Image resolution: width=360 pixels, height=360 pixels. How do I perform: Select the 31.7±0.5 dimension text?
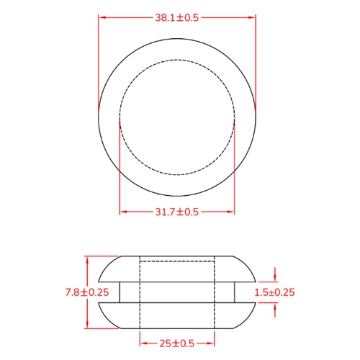point(176,212)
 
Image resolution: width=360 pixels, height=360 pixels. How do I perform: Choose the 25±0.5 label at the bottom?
point(176,344)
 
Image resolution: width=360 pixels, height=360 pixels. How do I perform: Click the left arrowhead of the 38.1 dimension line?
point(101,17)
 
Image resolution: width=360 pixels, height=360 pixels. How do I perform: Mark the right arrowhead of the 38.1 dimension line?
point(253,17)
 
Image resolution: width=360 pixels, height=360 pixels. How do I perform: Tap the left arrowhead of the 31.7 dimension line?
point(122,212)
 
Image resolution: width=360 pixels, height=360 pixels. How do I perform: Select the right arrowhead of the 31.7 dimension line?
point(232,212)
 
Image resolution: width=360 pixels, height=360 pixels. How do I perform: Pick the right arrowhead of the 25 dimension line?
point(212,344)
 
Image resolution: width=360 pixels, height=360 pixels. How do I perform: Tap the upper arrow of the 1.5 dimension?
point(276,278)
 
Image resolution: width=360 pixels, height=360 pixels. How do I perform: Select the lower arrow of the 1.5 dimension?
point(276,306)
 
